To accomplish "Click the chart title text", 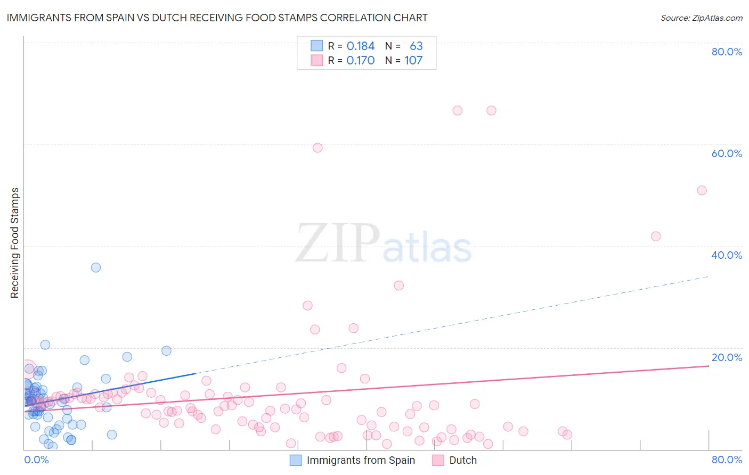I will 217,18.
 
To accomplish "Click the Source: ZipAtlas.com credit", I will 701,18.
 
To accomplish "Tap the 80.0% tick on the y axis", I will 727,52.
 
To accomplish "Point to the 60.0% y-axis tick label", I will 727,153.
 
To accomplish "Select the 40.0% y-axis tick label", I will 727,255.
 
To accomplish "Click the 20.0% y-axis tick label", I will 727,357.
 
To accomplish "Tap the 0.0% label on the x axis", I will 36,460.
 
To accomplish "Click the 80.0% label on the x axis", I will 727,460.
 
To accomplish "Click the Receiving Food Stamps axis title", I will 15,243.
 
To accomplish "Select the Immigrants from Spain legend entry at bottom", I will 361,460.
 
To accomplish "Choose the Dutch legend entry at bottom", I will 462,460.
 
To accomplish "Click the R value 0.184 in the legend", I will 361,46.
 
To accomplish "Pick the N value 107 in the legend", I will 413,61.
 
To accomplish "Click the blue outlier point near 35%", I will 96,267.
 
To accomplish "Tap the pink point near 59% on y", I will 317,148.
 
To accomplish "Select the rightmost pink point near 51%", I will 702,191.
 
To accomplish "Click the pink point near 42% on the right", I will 656,236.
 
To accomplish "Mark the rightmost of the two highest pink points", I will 491,111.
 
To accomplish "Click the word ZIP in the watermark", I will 337,243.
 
